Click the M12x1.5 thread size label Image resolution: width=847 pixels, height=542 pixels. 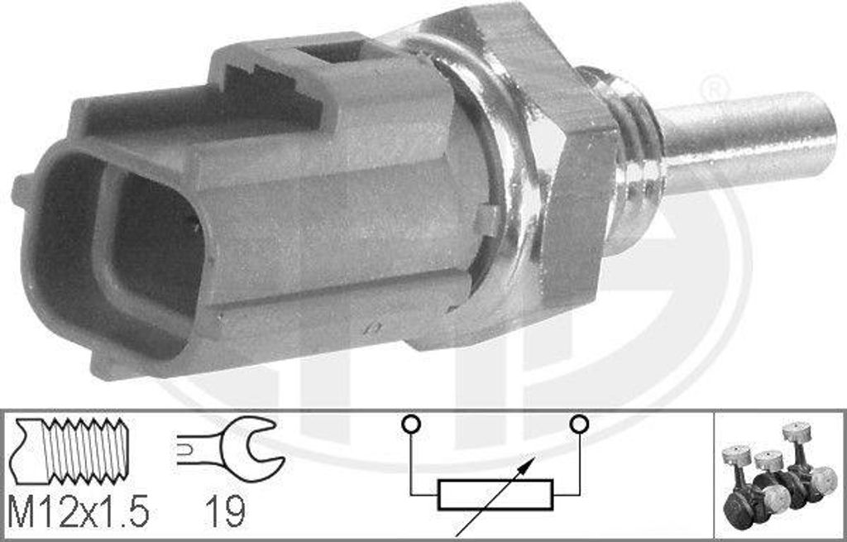78,511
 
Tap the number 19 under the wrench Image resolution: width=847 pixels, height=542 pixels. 225,511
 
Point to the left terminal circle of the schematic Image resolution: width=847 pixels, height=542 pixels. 411,424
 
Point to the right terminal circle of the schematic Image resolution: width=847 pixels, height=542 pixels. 579,424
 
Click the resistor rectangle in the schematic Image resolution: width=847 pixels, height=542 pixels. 495,495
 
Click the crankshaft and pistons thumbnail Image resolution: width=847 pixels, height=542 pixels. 778,475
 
